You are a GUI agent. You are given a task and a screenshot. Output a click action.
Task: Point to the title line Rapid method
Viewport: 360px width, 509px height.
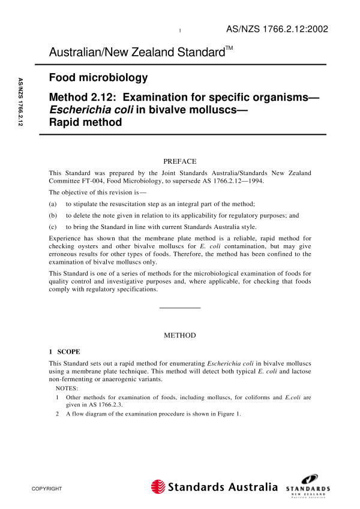pyautogui.click(x=85, y=122)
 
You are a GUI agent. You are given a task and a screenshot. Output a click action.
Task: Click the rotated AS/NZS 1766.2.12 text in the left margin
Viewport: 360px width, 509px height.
pyautogui.click(x=20, y=102)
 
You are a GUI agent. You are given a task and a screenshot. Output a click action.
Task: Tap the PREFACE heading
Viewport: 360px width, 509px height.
pyautogui.click(x=179, y=161)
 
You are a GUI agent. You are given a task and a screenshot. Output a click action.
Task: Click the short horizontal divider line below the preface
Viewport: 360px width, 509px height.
pyautogui.click(x=179, y=308)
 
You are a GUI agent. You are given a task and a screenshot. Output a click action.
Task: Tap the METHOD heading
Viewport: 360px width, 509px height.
pyautogui.click(x=179, y=335)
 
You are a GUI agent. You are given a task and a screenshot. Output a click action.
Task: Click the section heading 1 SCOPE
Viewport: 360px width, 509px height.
pyautogui.click(x=68, y=351)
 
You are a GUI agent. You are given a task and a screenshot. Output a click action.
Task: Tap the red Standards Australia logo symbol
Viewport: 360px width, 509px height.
pyautogui.click(x=158, y=487)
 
